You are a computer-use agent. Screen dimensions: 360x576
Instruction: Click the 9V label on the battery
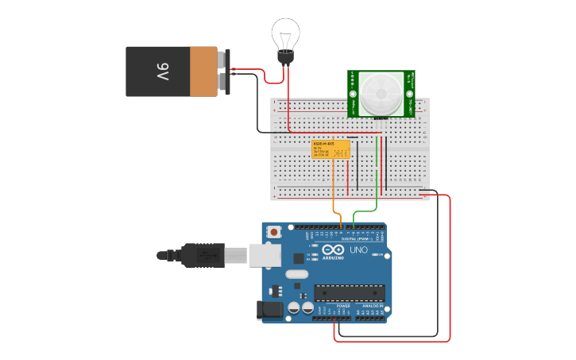[162, 72]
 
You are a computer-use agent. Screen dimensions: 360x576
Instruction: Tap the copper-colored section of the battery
[203, 72]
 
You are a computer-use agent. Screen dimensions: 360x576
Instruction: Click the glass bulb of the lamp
[284, 33]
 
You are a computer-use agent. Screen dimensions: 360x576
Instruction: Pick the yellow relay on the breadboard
[331, 149]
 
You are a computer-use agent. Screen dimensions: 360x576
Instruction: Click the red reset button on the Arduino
[274, 232]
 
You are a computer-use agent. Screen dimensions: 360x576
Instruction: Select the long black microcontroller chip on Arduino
[349, 292]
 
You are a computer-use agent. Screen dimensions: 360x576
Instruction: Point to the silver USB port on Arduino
[265, 254]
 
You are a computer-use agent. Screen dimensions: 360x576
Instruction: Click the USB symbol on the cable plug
[206, 255]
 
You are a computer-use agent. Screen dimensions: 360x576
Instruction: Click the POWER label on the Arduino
[343, 305]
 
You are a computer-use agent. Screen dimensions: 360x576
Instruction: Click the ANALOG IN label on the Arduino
[373, 305]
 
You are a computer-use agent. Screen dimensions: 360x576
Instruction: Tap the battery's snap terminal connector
[226, 72]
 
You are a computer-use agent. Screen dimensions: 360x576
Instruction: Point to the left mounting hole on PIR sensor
[353, 76]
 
